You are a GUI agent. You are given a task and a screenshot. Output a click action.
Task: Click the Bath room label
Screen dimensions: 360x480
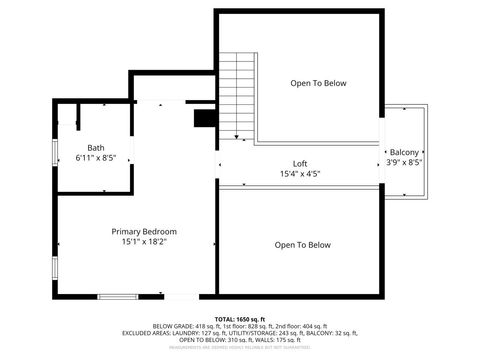click(x=95, y=148)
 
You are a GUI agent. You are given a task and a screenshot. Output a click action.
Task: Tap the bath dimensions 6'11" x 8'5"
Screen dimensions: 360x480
click(x=95, y=158)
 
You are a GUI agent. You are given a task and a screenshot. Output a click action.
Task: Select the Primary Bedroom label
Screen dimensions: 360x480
click(x=137, y=231)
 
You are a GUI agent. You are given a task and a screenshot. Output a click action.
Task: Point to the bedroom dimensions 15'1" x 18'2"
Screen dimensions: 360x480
click(x=137, y=241)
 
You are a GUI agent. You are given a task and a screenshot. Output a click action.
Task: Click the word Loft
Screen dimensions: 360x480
click(x=300, y=164)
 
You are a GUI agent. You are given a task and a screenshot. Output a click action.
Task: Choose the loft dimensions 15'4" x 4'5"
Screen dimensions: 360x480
click(x=300, y=174)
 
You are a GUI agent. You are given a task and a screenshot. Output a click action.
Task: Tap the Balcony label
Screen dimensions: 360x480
click(x=404, y=151)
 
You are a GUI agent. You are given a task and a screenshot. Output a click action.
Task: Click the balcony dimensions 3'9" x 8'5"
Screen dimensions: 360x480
click(x=404, y=162)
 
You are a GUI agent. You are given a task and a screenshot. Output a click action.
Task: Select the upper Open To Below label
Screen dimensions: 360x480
click(x=318, y=83)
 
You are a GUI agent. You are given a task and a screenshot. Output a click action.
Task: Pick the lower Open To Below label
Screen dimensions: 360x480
click(x=302, y=245)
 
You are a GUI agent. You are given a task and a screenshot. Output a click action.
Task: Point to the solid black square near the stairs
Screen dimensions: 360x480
click(x=205, y=118)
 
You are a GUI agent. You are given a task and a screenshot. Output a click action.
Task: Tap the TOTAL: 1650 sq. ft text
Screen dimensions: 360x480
click(x=240, y=318)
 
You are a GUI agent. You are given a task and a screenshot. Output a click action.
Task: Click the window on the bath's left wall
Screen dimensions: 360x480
click(x=55, y=152)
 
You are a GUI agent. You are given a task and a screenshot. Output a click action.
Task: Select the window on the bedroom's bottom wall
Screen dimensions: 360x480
click(x=117, y=295)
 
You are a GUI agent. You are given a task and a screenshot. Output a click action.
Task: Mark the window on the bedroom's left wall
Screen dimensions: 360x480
click(x=55, y=273)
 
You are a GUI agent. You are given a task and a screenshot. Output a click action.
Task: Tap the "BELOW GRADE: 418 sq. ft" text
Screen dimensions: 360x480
click(x=184, y=326)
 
